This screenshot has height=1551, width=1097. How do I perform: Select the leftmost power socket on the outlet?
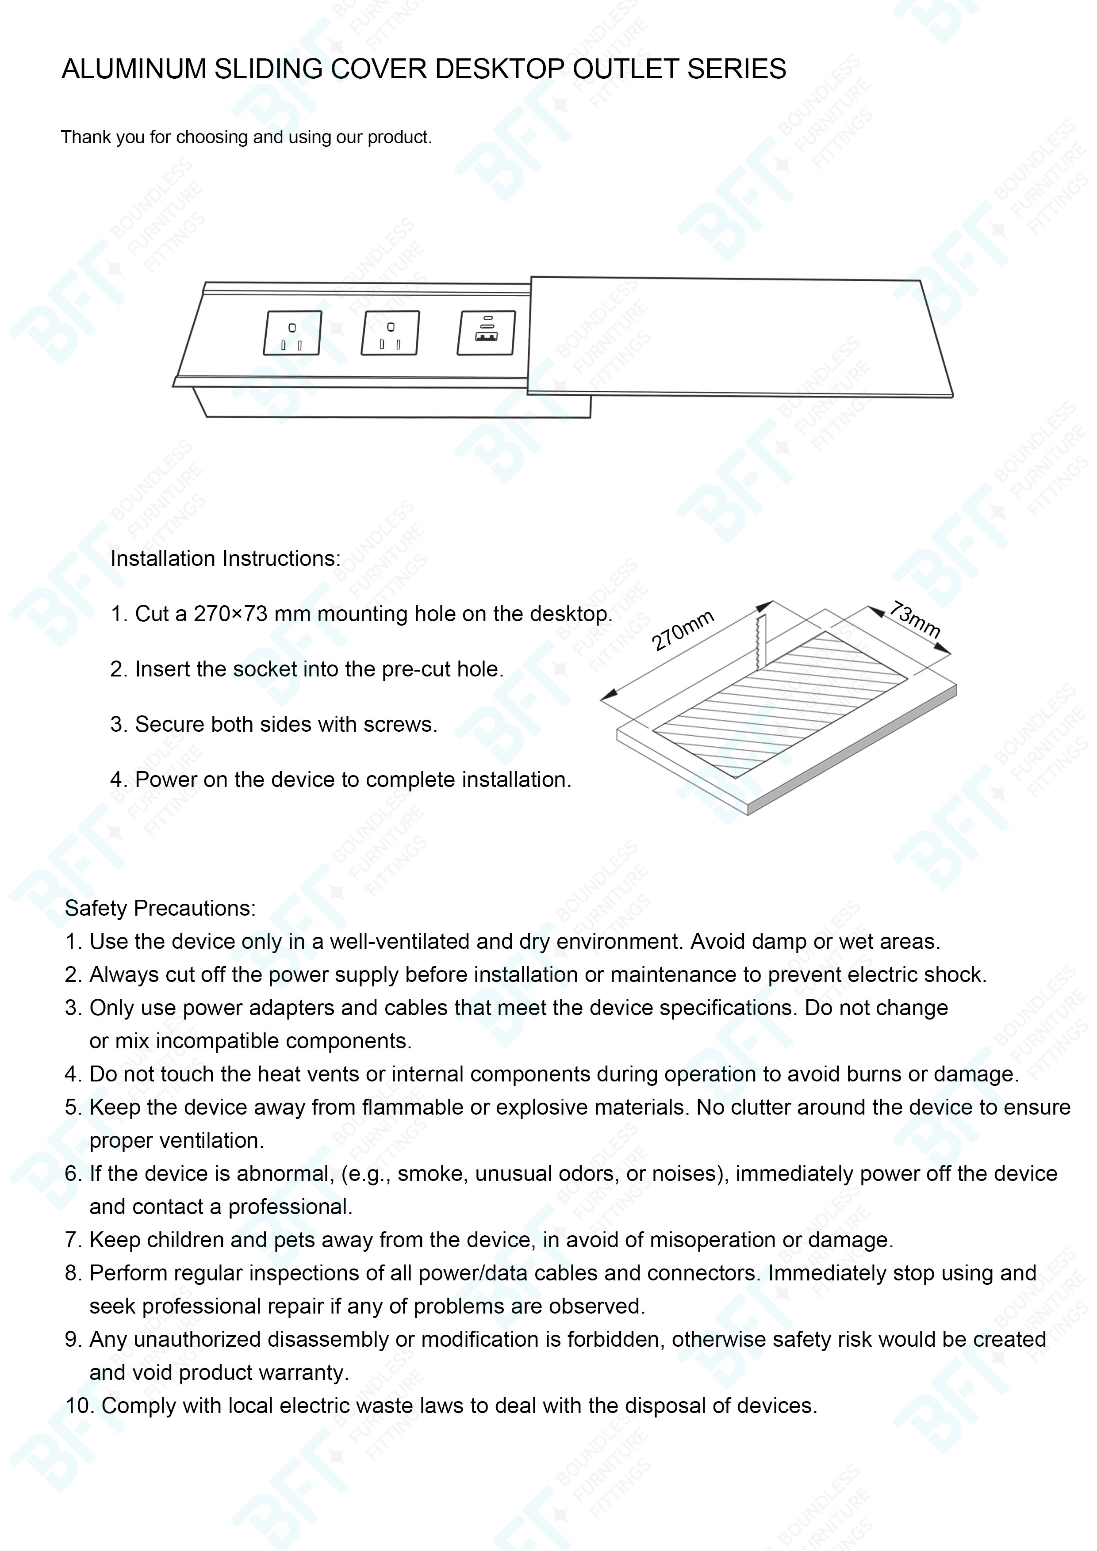pyautogui.click(x=292, y=332)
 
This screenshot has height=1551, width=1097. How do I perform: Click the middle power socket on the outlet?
pyautogui.click(x=390, y=332)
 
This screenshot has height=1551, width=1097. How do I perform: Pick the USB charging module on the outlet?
pyautogui.click(x=486, y=332)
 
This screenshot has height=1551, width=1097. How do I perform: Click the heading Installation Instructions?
pyautogui.click(x=225, y=559)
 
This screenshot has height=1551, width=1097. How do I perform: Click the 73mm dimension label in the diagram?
pyautogui.click(x=914, y=619)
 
